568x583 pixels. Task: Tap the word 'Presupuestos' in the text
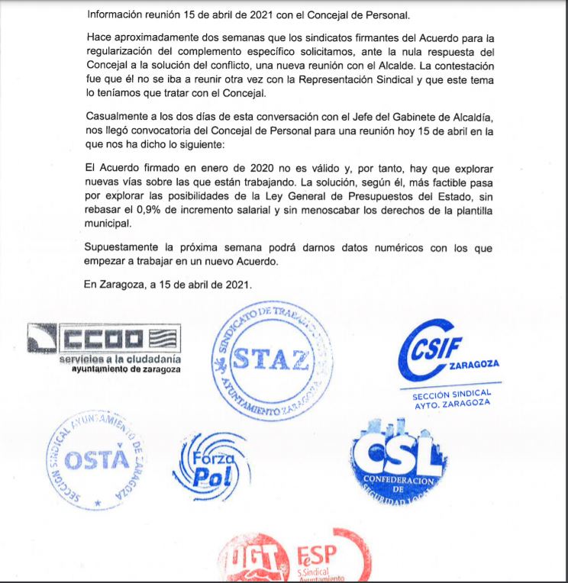366,198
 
